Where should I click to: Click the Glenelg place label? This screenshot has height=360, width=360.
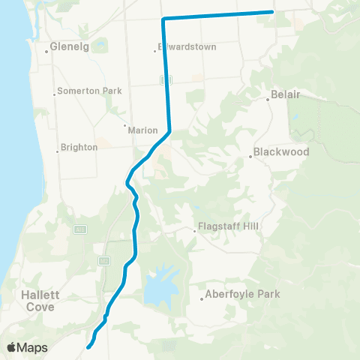point(70,46)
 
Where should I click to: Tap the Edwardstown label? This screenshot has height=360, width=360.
point(187,46)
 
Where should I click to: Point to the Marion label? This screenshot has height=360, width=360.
point(142,130)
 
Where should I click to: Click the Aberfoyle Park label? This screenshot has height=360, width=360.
point(242,294)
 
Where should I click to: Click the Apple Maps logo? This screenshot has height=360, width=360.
point(28,347)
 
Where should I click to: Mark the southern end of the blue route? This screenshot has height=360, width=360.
point(89,346)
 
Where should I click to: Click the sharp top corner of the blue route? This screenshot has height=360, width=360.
point(163,18)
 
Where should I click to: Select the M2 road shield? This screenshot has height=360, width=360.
point(103,259)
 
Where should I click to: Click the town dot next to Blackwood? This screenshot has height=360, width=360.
point(250,156)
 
